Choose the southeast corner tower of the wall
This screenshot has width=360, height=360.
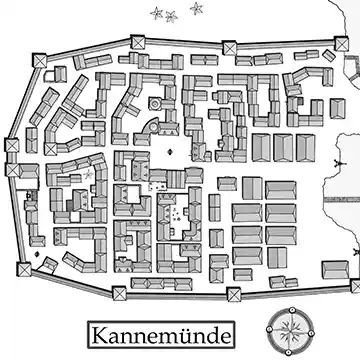click(354, 286)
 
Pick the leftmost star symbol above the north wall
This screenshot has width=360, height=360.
click(155, 13)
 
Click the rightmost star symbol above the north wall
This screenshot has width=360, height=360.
click(194, 9)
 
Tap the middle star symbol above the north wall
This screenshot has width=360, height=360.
click(171, 15)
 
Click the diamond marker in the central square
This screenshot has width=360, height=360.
click(169, 151)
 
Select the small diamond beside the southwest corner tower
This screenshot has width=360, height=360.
click(41, 263)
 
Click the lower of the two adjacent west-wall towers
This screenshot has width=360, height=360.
click(13, 170)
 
